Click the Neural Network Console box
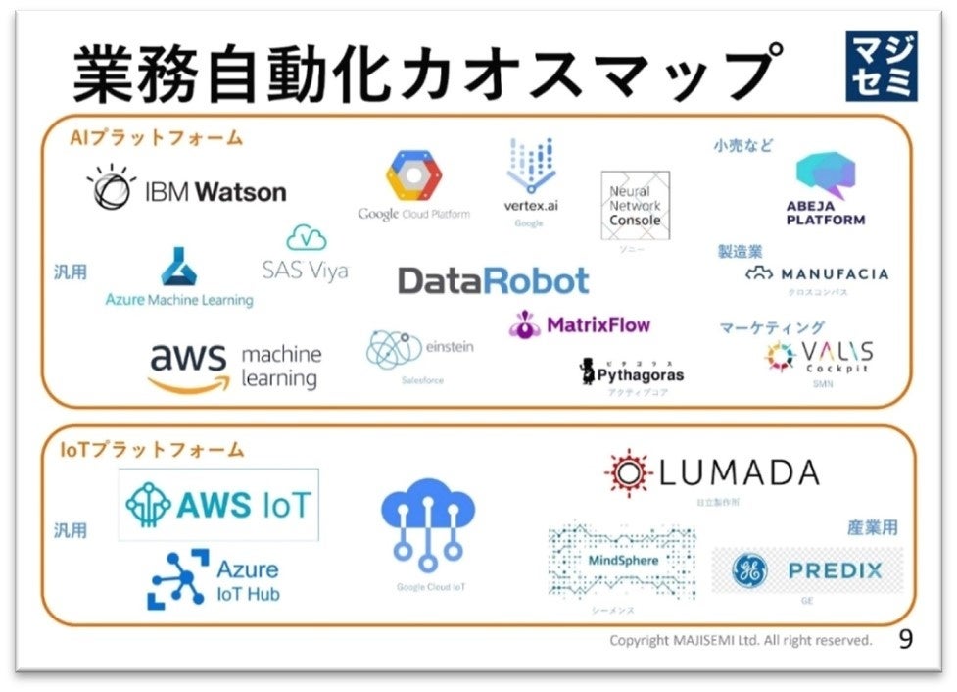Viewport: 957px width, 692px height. [635, 206]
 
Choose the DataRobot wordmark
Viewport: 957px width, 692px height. [493, 281]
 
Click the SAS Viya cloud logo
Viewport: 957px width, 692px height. [306, 254]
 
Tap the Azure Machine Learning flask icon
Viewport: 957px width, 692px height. [179, 266]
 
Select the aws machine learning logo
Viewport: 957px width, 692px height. [235, 367]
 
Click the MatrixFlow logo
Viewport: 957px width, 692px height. [580, 324]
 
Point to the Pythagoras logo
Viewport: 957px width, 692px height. [631, 372]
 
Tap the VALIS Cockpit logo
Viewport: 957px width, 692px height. [819, 358]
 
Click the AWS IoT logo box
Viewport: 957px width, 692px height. [218, 505]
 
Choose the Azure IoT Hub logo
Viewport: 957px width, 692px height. [214, 579]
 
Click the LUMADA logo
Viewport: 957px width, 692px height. [711, 474]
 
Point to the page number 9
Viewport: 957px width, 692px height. [905, 639]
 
